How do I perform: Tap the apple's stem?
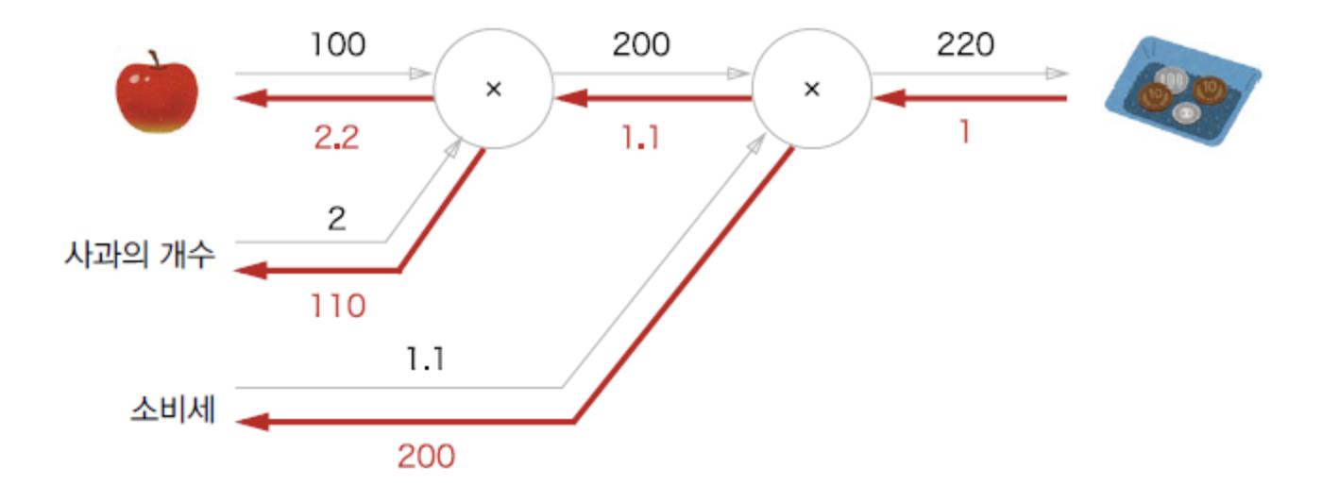tap(154, 59)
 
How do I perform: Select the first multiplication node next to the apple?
tap(492, 89)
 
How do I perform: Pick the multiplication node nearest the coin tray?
tap(810, 89)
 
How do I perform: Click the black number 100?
tap(336, 44)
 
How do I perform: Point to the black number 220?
tap(966, 44)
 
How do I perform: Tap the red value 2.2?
tap(336, 139)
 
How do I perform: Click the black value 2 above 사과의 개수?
tap(337, 218)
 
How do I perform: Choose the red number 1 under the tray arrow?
tap(964, 133)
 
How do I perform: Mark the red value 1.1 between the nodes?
tap(641, 139)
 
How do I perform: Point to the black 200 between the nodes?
tap(641, 44)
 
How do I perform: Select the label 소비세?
tap(172, 412)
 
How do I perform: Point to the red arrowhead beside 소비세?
tap(247, 422)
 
